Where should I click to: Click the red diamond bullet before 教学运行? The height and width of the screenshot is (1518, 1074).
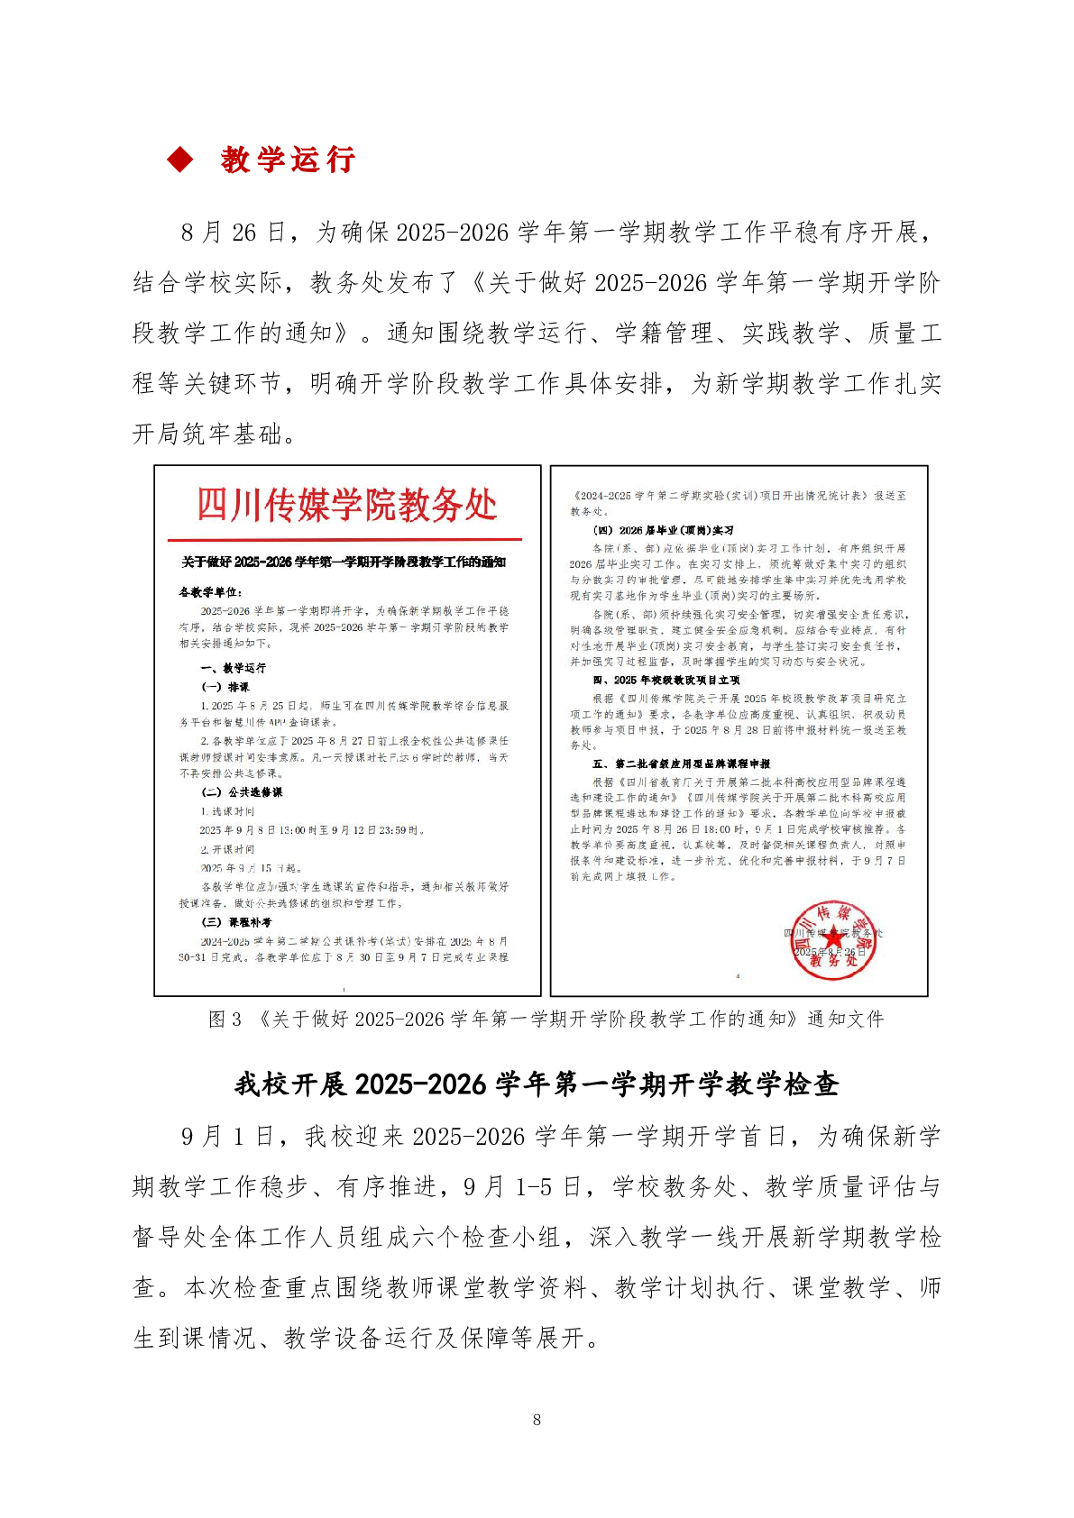pos(180,160)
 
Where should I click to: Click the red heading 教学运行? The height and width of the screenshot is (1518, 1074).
pos(288,160)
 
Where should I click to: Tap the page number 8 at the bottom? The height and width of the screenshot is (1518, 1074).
pos(537,1420)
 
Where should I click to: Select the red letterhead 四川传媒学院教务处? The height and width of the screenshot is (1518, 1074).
pos(346,506)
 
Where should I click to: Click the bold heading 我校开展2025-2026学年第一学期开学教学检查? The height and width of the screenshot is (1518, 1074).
pos(537,1084)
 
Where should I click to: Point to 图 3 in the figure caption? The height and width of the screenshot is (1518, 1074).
pos(225,1020)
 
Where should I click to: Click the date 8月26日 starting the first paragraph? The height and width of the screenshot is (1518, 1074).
pos(232,233)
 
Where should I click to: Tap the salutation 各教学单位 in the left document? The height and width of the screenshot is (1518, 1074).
pos(210,592)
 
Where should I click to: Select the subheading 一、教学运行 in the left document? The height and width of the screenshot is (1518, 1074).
pos(233,668)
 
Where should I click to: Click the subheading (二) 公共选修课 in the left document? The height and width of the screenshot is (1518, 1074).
pos(242,792)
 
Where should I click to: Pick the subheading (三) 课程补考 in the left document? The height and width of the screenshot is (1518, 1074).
pos(236,922)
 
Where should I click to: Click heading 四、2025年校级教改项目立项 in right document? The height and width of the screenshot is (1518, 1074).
pos(666,680)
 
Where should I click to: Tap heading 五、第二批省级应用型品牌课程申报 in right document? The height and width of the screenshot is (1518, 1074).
pos(681,764)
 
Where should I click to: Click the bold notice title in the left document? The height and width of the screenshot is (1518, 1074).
pos(344,562)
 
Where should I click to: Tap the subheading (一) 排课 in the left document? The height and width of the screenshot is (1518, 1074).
pos(225,687)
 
